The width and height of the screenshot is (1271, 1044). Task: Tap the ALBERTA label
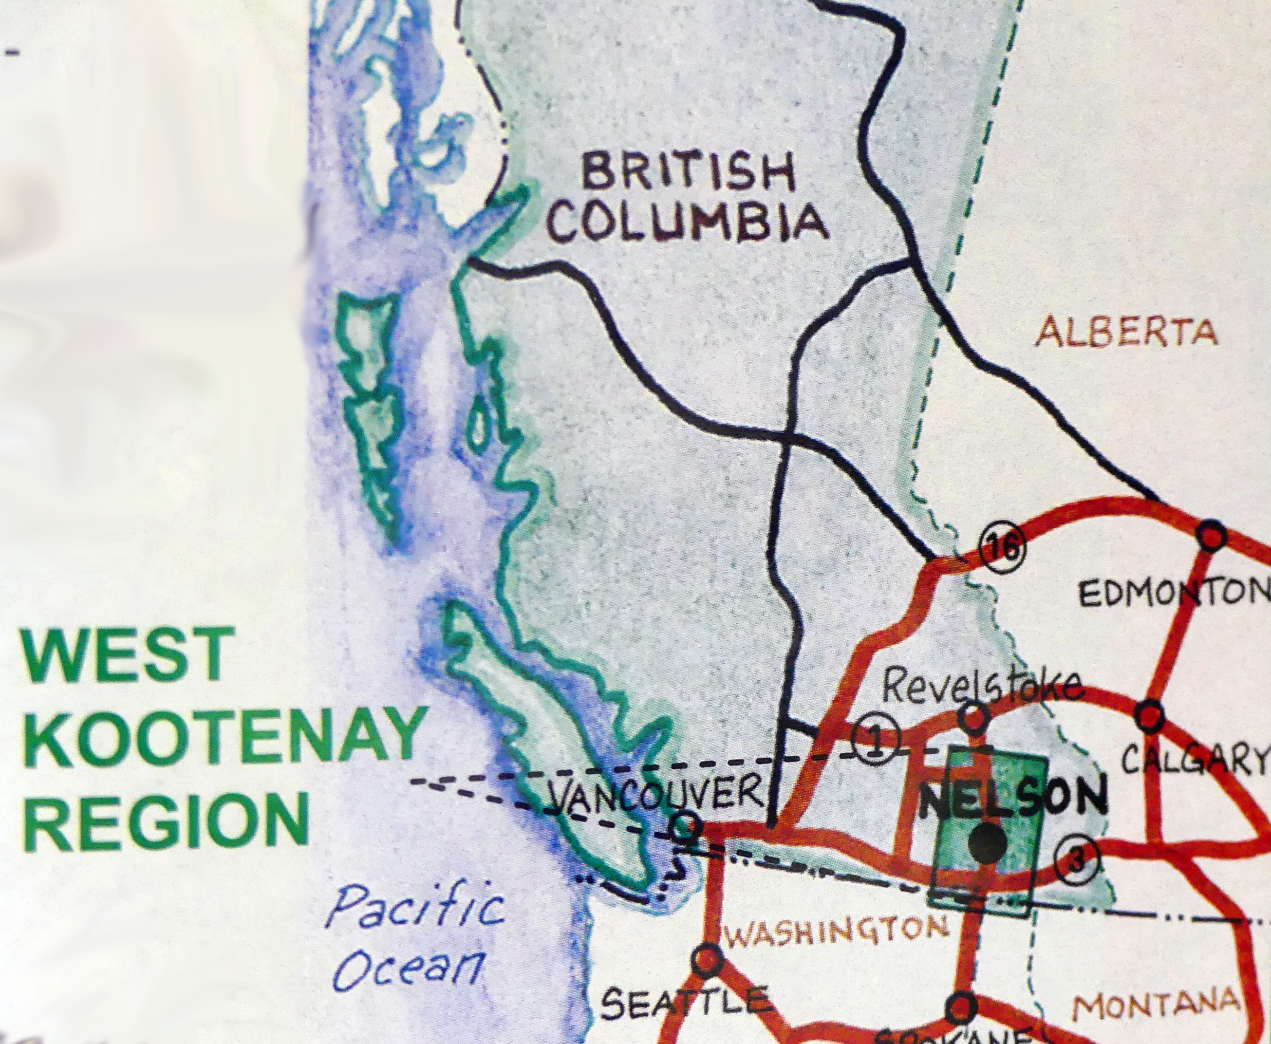[1126, 332]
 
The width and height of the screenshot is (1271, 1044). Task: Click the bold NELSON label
[1013, 797]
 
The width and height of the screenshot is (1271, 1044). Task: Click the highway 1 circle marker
[876, 741]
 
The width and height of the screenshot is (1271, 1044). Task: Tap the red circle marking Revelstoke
[974, 717]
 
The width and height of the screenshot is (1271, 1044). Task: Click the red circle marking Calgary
[1150, 716]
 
